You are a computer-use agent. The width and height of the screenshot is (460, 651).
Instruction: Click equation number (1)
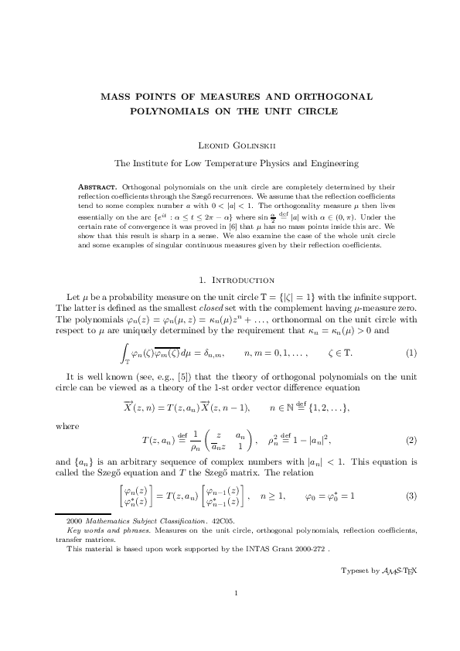pos(411,332)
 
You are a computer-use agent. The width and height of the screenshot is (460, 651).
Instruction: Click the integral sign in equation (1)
pos(127,332)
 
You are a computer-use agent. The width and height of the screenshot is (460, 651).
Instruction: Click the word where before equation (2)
pos(66,425)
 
